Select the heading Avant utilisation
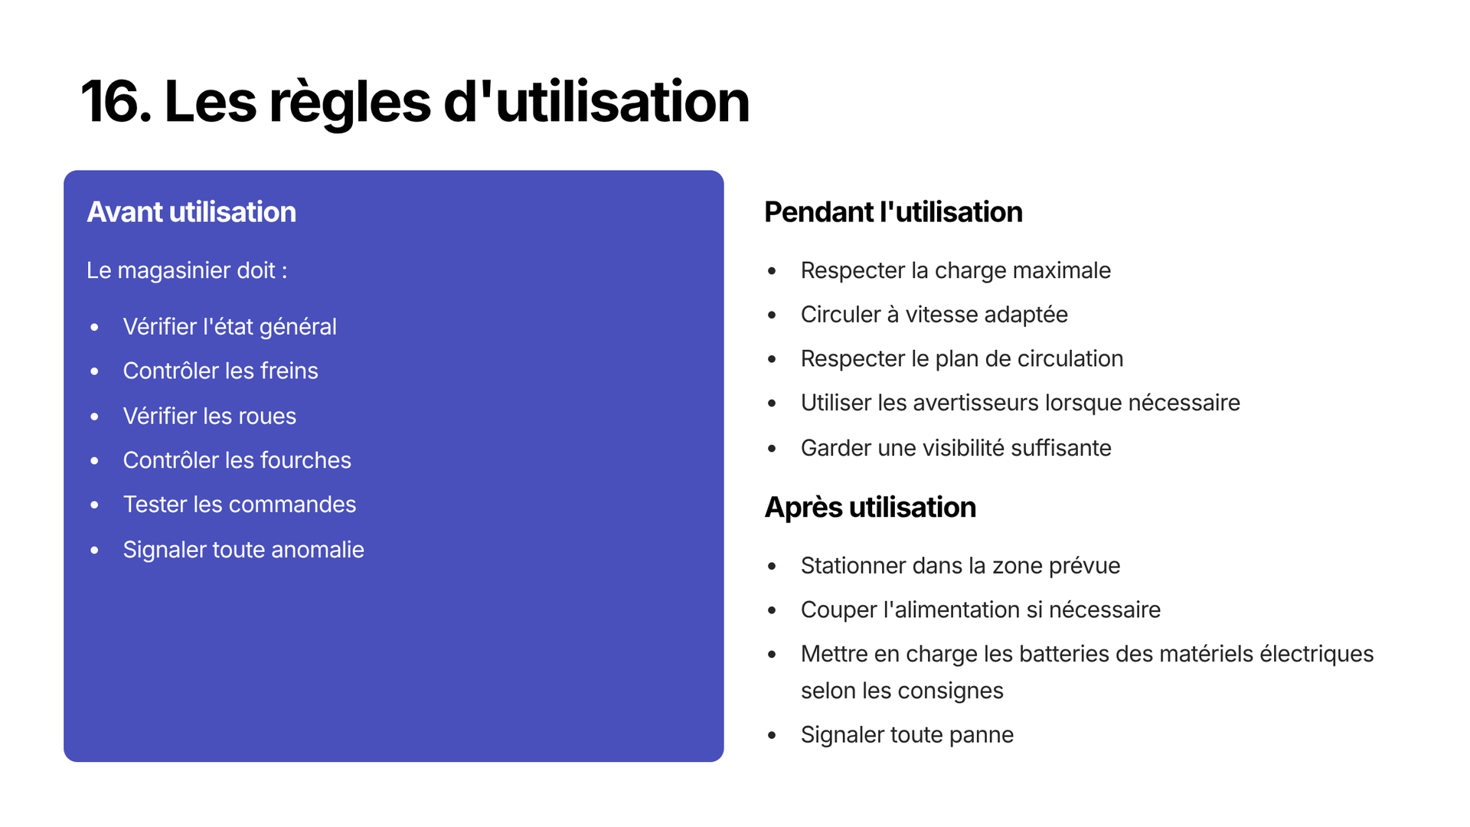click(x=191, y=212)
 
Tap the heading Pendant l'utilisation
click(x=893, y=212)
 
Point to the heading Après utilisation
click(x=871, y=508)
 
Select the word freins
click(x=289, y=371)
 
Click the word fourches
click(x=305, y=460)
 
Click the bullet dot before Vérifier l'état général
click(x=94, y=328)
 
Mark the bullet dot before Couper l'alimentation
click(x=772, y=610)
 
